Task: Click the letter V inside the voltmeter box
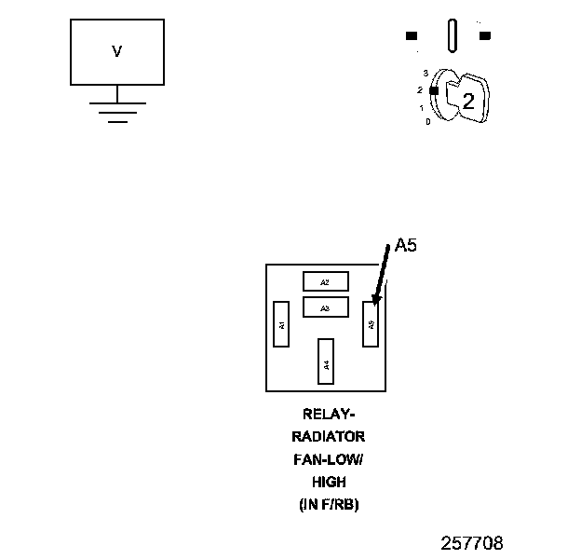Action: click(117, 52)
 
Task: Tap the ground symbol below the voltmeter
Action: click(117, 110)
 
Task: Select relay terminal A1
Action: click(281, 323)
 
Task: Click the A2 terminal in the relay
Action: click(325, 281)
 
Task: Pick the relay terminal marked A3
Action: click(325, 307)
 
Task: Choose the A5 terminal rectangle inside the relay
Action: click(371, 323)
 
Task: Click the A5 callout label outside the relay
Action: click(406, 246)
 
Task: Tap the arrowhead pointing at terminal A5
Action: click(375, 300)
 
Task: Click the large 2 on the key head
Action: click(468, 102)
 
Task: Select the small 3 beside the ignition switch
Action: click(426, 72)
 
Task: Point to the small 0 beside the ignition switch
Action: click(427, 121)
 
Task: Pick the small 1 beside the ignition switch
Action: click(422, 107)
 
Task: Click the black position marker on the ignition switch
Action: click(434, 89)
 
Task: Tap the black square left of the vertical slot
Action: click(412, 36)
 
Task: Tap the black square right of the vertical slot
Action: click(484, 36)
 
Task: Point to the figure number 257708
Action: click(472, 542)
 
